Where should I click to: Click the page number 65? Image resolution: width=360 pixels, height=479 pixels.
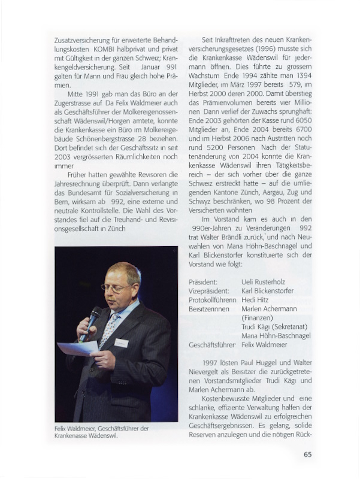point(307,454)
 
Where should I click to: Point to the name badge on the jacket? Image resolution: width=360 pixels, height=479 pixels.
point(121,343)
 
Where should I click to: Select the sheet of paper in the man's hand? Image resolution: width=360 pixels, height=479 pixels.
point(77,348)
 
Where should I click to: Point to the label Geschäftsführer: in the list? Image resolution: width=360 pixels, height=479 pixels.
point(213,345)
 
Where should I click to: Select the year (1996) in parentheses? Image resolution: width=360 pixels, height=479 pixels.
point(255,48)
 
